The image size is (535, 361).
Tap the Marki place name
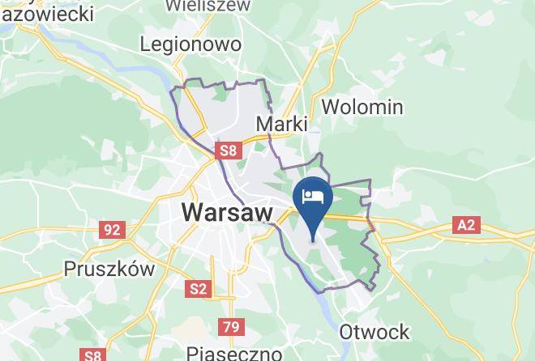point(281,124)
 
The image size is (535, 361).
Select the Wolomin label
point(362,107)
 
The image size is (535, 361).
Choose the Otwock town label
point(374,332)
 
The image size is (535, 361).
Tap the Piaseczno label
point(233,353)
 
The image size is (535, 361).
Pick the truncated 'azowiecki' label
point(46,13)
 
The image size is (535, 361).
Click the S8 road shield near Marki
point(228,151)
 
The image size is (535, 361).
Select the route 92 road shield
point(112,230)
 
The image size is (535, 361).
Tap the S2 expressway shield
point(198,289)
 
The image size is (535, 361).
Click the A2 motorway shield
point(465,225)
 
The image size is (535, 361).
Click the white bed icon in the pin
point(313,196)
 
